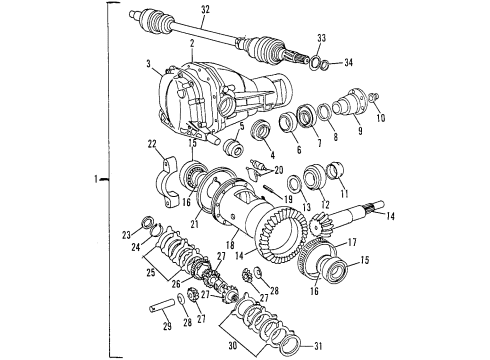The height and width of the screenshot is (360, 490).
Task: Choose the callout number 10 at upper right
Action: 379,118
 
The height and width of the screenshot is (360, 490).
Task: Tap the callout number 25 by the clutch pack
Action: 149,272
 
